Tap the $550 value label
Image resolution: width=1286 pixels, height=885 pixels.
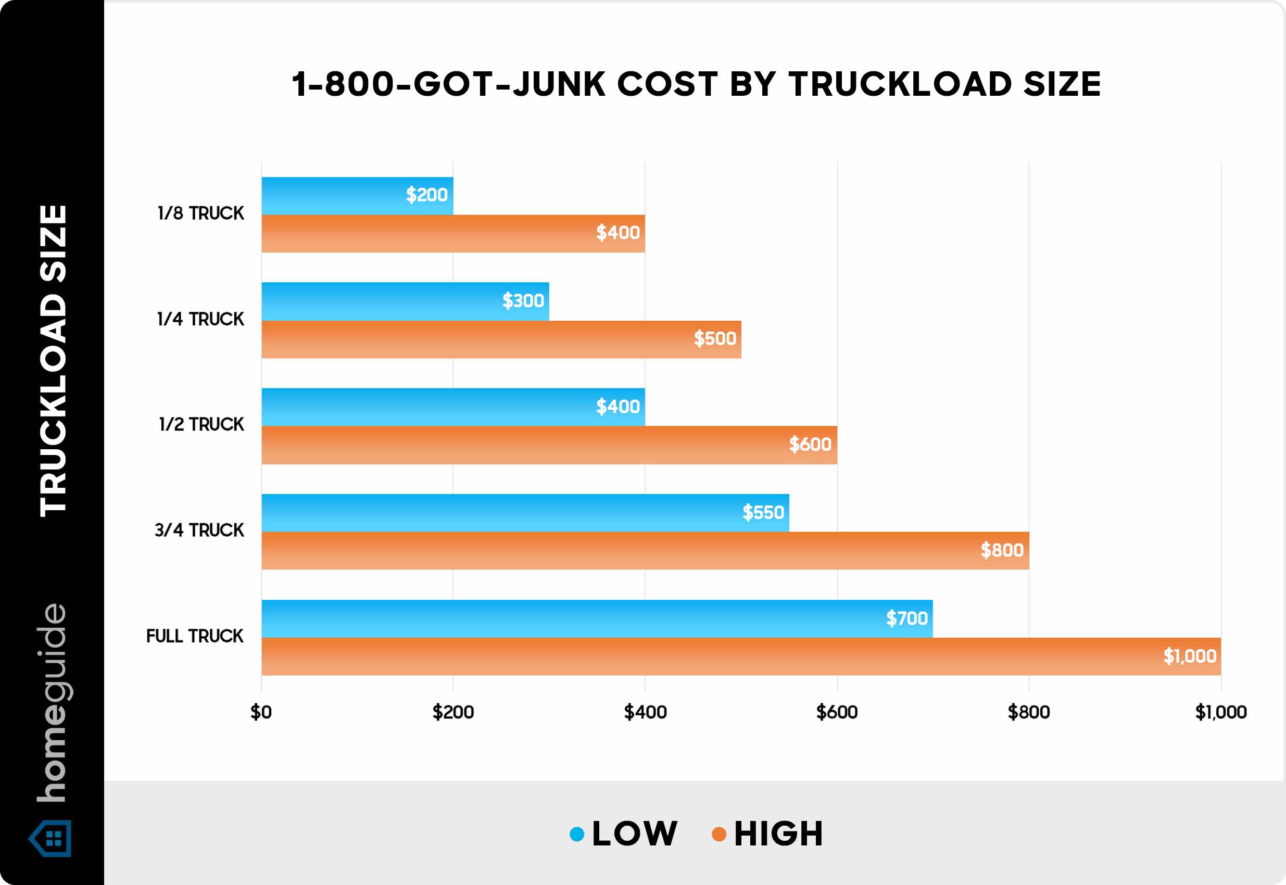click(x=763, y=512)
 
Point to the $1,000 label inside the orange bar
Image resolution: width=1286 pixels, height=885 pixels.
click(x=1190, y=656)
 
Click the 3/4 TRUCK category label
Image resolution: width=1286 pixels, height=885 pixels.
click(x=199, y=530)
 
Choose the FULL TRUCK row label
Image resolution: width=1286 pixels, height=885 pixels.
click(x=195, y=636)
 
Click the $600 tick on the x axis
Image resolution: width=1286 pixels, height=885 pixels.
click(x=837, y=712)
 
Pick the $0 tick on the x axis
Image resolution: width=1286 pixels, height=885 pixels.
click(x=261, y=712)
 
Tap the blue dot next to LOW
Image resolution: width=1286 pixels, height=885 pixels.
click(x=577, y=834)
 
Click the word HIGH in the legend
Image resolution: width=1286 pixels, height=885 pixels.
click(x=778, y=834)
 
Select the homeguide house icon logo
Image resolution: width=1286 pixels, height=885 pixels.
click(x=51, y=838)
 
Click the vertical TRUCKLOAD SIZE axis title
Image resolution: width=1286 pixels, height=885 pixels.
click(x=53, y=360)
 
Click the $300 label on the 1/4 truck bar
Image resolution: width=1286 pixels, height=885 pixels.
click(x=523, y=300)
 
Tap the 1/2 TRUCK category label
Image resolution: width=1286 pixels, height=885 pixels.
click(x=201, y=424)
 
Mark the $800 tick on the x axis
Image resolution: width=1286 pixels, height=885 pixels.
click(x=1029, y=712)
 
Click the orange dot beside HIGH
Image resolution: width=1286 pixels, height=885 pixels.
click(x=718, y=834)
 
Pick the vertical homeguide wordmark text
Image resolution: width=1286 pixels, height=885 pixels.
click(x=52, y=703)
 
